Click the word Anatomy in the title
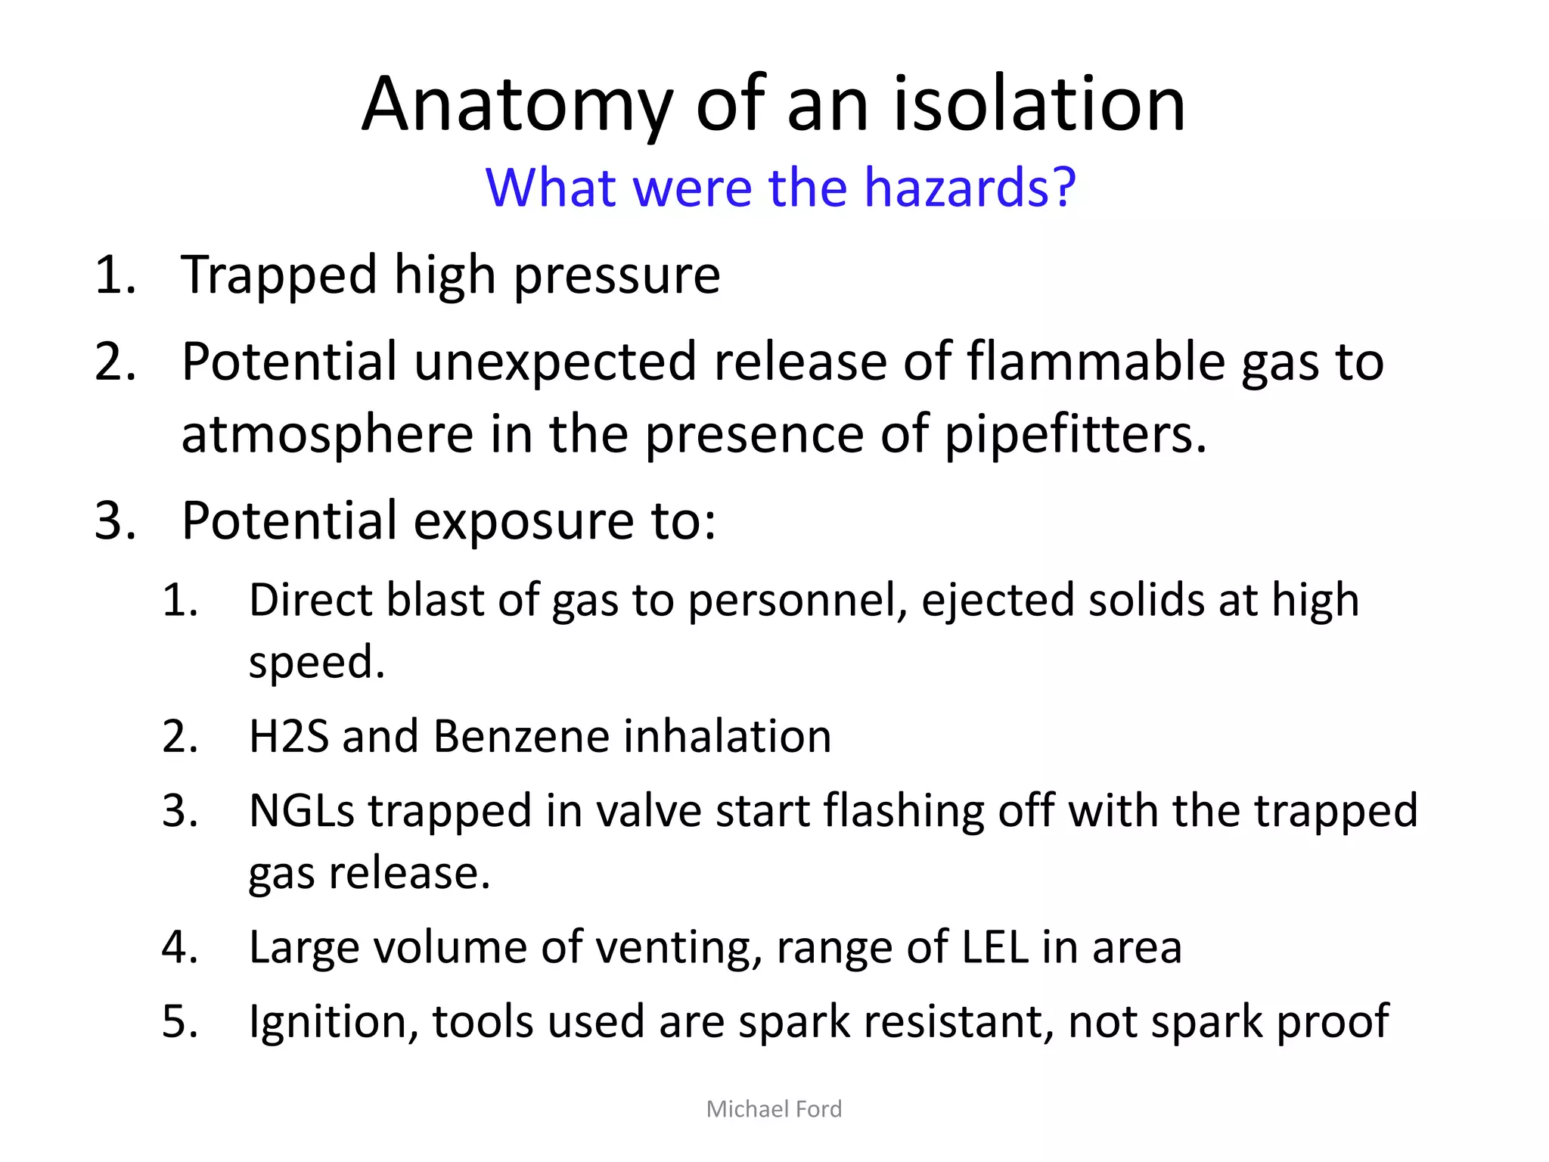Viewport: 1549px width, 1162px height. (x=517, y=106)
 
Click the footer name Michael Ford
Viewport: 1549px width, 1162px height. (x=774, y=1109)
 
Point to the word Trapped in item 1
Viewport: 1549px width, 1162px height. (x=279, y=276)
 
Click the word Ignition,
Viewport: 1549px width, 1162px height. (x=334, y=1023)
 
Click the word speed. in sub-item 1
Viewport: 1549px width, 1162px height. (x=317, y=663)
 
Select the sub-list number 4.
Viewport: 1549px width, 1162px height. (x=180, y=947)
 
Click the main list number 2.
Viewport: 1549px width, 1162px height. (x=115, y=362)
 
